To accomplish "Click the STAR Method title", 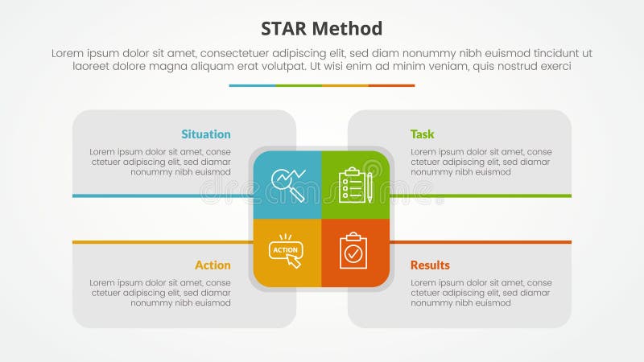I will pos(322,29).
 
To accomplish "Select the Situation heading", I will pos(205,134).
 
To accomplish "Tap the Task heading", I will pos(422,134).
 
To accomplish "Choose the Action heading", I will pos(213,265).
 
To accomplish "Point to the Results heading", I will pos(430,265).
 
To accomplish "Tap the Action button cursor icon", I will pos(287,251).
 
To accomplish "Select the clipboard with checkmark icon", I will pos(353,251).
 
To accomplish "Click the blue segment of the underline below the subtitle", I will pos(252,85).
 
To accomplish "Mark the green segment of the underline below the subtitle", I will pos(299,85).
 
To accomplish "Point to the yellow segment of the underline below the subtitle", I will pos(345,85).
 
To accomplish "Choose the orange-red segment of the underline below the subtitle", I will pos(392,85).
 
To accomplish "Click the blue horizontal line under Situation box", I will pos(161,195).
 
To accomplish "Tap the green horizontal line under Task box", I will pos(483,195).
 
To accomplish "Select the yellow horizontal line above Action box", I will pos(161,241).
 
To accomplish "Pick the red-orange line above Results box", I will pos(483,241).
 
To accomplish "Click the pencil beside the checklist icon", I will pos(369,187).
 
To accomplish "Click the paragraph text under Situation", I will pos(160,162).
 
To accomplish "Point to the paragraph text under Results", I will pos(481,293).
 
